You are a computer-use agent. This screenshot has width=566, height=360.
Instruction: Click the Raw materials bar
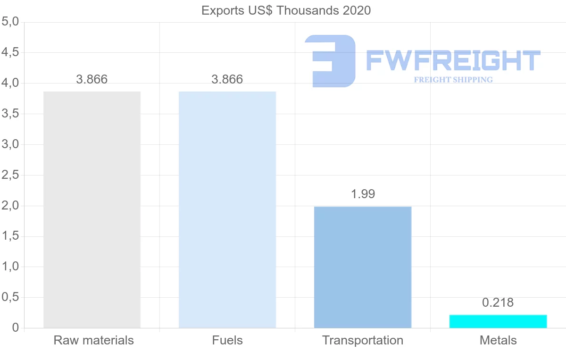click(x=92, y=209)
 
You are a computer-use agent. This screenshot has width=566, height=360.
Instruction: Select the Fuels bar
click(x=227, y=209)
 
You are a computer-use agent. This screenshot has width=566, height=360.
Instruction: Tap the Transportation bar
click(x=363, y=267)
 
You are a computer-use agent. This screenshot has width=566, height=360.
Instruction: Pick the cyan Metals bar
click(x=498, y=321)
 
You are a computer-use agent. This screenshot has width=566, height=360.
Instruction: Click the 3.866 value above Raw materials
click(x=92, y=79)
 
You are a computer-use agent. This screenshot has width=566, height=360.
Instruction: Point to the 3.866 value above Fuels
click(x=227, y=79)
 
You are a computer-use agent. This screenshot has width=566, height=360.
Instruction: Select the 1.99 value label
click(x=363, y=194)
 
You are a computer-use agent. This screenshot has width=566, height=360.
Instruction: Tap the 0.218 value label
click(x=498, y=302)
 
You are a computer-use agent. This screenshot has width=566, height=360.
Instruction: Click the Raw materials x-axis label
click(x=93, y=340)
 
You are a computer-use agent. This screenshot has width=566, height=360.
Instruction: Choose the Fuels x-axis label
click(x=227, y=340)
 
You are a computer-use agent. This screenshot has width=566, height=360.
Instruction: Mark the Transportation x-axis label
click(x=363, y=340)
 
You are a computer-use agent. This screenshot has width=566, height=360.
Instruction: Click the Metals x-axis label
click(x=498, y=340)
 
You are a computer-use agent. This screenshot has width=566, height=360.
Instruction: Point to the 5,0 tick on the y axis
click(x=10, y=22)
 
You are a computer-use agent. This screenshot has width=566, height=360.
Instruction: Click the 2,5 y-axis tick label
click(x=10, y=175)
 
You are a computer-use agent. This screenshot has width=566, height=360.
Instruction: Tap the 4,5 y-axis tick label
click(x=10, y=52)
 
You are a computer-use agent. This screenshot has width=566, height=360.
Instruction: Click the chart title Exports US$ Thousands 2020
click(x=286, y=10)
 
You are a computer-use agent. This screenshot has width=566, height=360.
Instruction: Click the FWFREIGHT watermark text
click(x=453, y=61)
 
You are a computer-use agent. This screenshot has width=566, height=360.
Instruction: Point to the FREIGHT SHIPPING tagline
click(x=453, y=80)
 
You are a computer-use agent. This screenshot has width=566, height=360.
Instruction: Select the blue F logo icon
click(x=330, y=61)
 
